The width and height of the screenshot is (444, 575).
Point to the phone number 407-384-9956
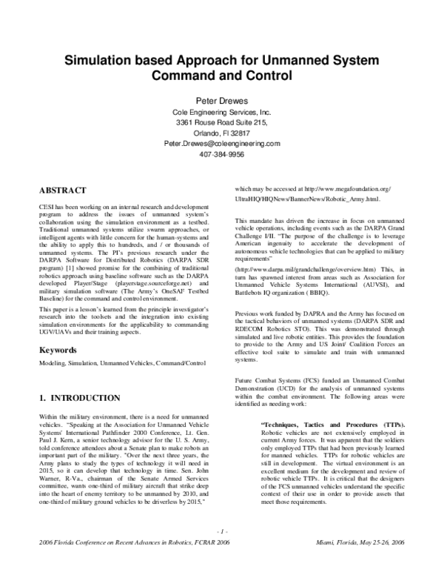221,156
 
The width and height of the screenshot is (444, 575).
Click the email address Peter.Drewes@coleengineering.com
221,144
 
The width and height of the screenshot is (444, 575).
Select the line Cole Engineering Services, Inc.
221,110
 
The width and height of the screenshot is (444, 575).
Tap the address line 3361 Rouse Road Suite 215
221,121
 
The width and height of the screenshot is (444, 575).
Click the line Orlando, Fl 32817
221,133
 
